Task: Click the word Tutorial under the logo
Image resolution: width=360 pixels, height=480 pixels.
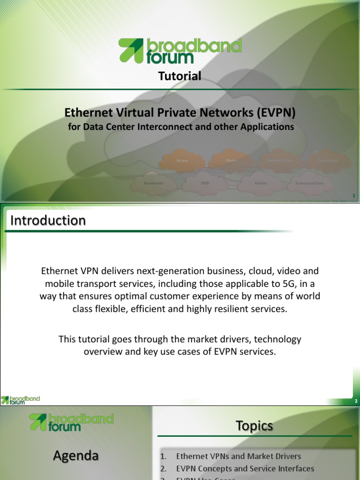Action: pyautogui.click(x=180, y=76)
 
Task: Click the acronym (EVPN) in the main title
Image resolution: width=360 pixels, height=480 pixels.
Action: pyautogui.click(x=276, y=112)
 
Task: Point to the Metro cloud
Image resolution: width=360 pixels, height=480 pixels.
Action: pyautogui.click(x=231, y=160)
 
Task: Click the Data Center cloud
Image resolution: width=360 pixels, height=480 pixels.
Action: pyautogui.click(x=328, y=160)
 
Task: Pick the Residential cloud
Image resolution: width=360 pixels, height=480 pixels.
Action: pyautogui.click(x=153, y=183)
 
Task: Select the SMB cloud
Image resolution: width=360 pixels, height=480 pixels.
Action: pyautogui.click(x=205, y=183)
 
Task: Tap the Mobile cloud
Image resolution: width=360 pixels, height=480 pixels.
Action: pyautogui.click(x=260, y=183)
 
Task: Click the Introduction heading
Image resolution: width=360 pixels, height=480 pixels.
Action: pyautogui.click(x=48, y=220)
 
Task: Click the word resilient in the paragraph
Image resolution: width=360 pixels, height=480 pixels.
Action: pyautogui.click(x=252, y=309)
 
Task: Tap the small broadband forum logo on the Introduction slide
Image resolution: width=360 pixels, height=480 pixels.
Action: pyautogui.click(x=21, y=400)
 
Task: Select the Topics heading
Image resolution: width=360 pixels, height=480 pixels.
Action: pyautogui.click(x=254, y=426)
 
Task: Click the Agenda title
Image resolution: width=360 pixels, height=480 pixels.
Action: pyautogui.click(x=75, y=455)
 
